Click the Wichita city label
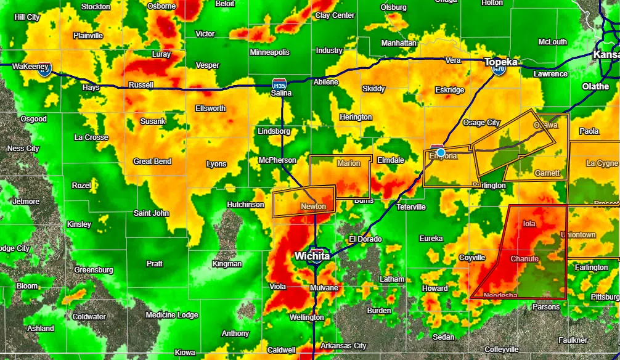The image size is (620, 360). pyautogui.click(x=312, y=255)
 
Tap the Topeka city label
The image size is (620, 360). pyautogui.click(x=501, y=62)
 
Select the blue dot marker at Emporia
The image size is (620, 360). pyautogui.click(x=441, y=152)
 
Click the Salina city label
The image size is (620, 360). pyautogui.click(x=282, y=93)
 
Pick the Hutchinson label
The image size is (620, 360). pyautogui.click(x=245, y=205)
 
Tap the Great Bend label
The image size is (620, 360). pyautogui.click(x=152, y=162)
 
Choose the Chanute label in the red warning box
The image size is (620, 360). pyautogui.click(x=524, y=259)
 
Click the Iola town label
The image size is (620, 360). pyautogui.click(x=529, y=223)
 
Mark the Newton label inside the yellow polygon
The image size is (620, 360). pyautogui.click(x=313, y=207)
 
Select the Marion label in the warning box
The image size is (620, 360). pyautogui.click(x=349, y=163)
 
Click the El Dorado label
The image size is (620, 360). pyautogui.click(x=365, y=239)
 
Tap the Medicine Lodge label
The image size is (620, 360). pyautogui.click(x=172, y=315)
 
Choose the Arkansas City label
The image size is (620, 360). pyautogui.click(x=343, y=346)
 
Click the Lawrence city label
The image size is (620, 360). pyautogui.click(x=550, y=74)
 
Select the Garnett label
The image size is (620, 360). pyautogui.click(x=547, y=173)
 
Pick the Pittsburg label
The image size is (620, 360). pyautogui.click(x=605, y=297)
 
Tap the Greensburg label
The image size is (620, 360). pyautogui.click(x=94, y=270)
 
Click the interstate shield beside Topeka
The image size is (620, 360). pyautogui.click(x=499, y=70)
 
